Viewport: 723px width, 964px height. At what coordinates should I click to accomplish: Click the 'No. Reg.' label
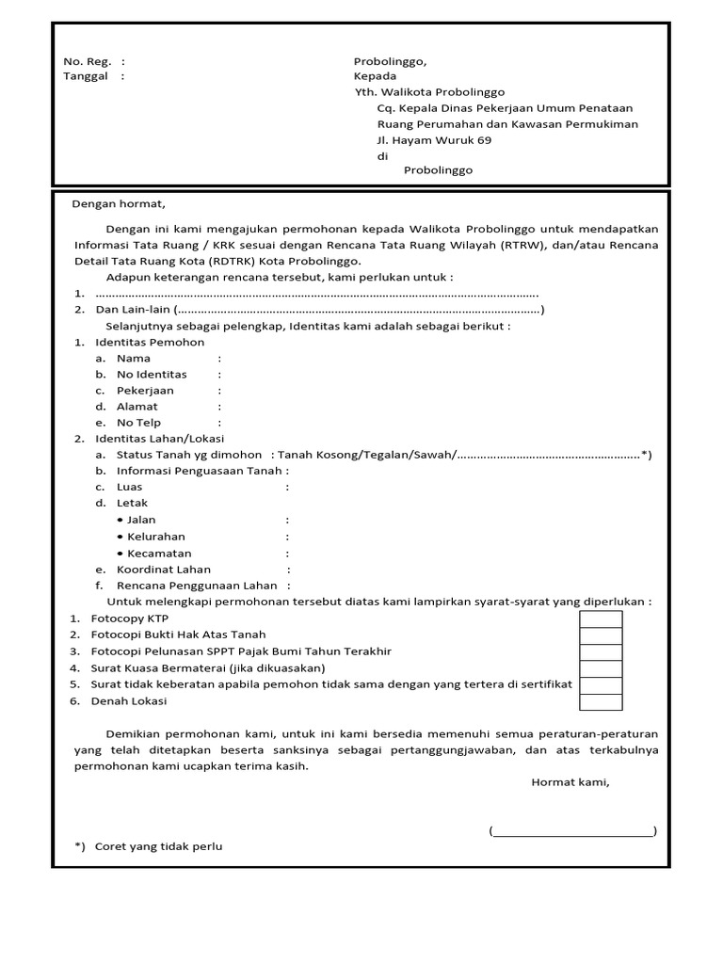pos(88,61)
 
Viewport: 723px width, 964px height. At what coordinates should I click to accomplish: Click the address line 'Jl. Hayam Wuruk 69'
pos(433,140)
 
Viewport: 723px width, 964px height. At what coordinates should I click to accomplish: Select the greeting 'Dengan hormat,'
pos(118,203)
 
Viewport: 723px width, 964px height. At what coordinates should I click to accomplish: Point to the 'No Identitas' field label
pos(151,375)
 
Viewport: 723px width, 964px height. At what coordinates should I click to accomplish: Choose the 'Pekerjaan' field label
pos(145,391)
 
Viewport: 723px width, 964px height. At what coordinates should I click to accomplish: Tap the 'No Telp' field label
pos(138,423)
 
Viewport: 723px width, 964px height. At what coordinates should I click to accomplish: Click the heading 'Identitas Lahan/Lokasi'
pos(159,439)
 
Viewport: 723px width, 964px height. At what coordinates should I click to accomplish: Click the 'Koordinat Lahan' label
pos(163,570)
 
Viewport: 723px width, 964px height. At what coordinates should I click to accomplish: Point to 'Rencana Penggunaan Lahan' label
pos(184,586)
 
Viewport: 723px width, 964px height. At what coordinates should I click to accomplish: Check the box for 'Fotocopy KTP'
pos(601,619)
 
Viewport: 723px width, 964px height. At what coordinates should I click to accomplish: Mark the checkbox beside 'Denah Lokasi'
pos(601,702)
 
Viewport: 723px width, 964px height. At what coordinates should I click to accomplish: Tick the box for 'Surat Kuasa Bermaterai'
pos(601,669)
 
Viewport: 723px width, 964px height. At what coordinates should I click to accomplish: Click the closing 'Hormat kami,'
pos(570,781)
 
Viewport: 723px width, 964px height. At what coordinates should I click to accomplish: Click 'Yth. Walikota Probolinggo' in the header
pos(429,92)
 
